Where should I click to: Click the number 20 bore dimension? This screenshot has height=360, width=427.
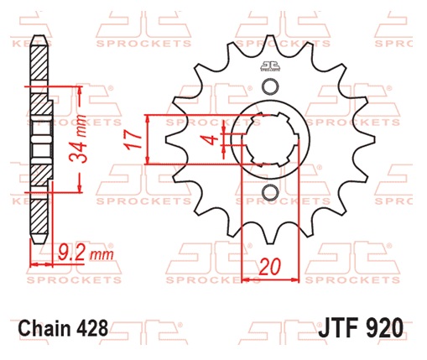coord(269,268)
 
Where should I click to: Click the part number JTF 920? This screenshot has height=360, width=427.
coord(361,326)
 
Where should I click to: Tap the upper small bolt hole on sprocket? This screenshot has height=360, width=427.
coord(269,88)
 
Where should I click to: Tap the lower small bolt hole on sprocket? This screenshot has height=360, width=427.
coord(269,195)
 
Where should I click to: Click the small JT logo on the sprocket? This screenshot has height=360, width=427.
coord(269,68)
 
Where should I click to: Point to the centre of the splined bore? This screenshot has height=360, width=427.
coord(269,141)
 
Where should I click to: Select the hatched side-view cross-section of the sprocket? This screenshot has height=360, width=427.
coord(37,143)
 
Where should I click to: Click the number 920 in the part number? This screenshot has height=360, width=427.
coord(384,326)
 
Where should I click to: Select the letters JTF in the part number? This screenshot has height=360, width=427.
coord(338,326)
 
